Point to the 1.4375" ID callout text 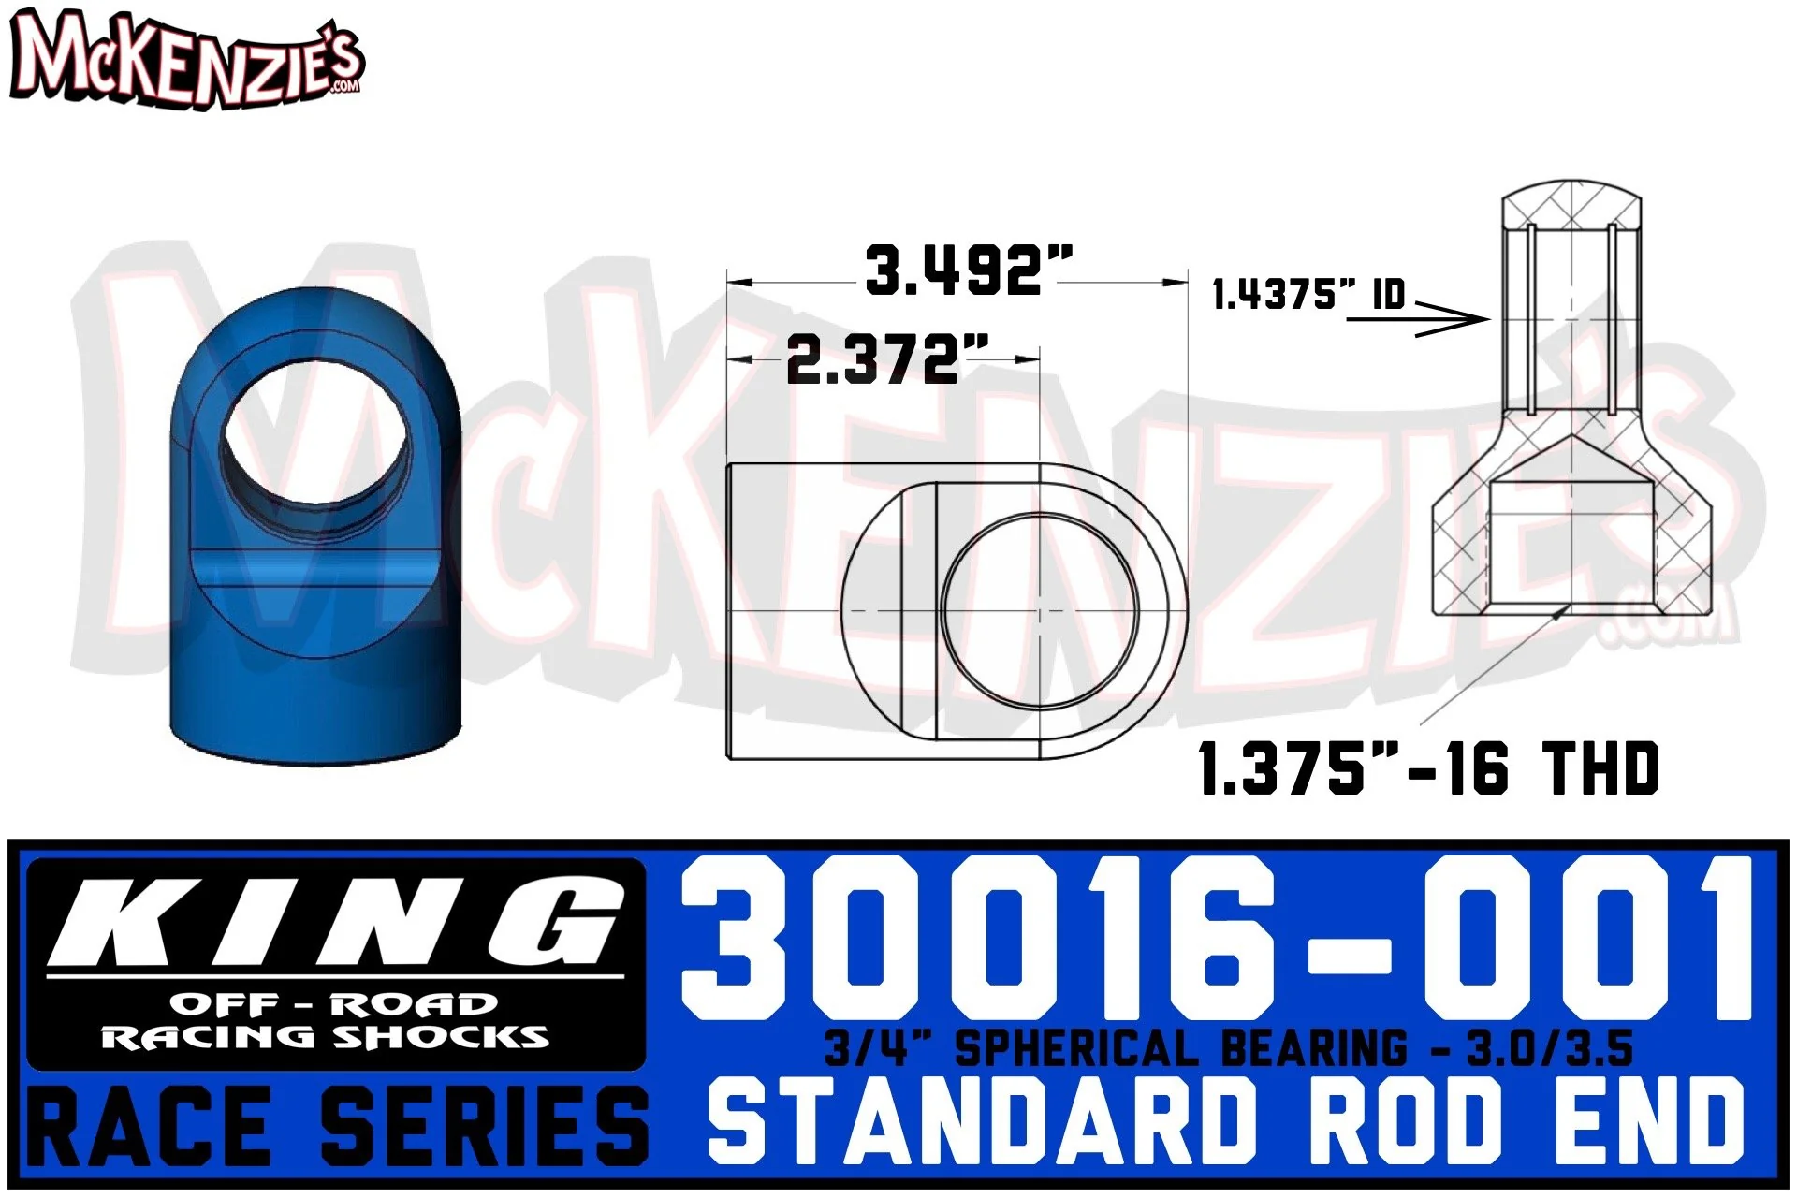[x=1308, y=294]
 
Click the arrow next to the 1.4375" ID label [x=1418, y=320]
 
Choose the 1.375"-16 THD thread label [x=1428, y=769]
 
